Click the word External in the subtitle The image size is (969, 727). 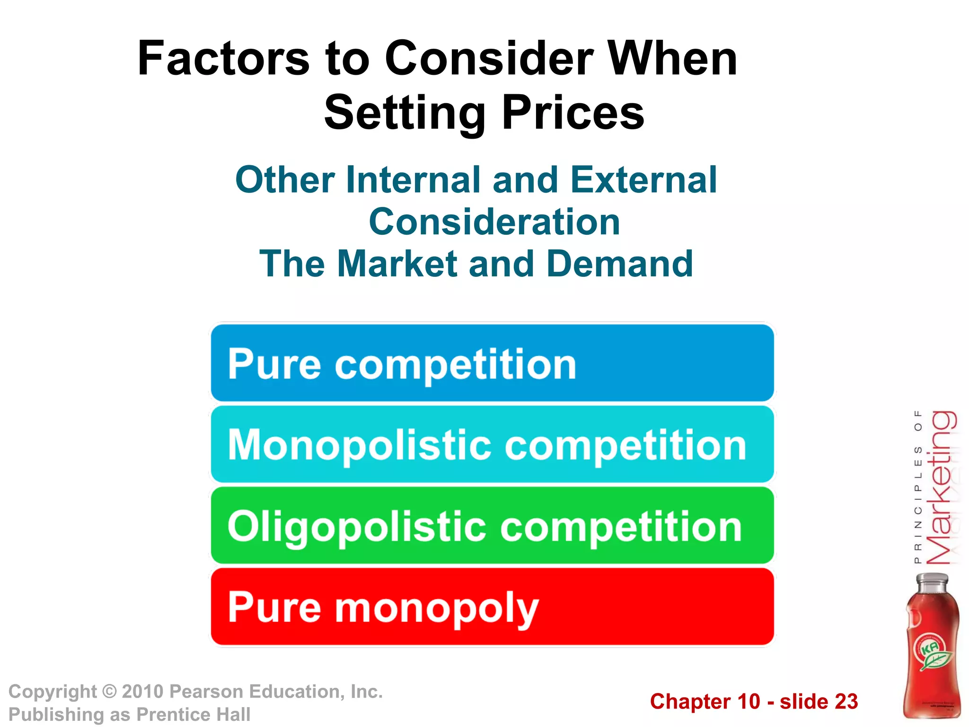pyautogui.click(x=644, y=180)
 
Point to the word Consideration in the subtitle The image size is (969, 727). pyautogui.click(x=494, y=222)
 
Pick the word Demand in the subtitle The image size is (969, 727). pyautogui.click(x=620, y=264)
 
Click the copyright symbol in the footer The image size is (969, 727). pyautogui.click(x=109, y=692)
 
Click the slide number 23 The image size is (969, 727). pyautogui.click(x=846, y=701)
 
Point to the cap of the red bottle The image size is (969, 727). pyautogui.click(x=932, y=581)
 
